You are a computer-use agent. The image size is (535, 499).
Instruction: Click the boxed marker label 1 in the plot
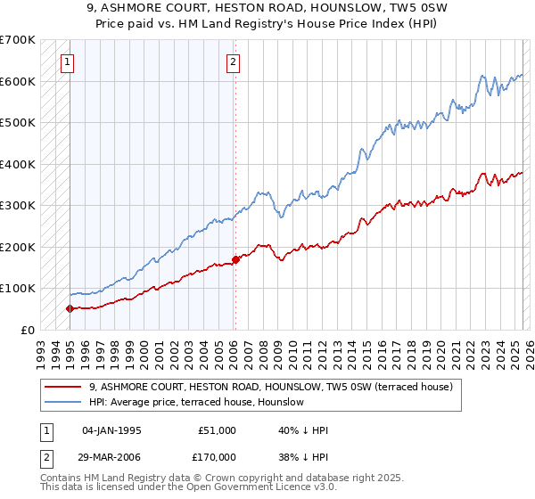69,61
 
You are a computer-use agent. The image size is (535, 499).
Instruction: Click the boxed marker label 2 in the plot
233,61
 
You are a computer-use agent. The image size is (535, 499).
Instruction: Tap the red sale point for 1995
70,308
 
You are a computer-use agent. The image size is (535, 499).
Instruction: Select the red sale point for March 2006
235,259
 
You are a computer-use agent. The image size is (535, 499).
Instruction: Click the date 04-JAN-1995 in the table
111,430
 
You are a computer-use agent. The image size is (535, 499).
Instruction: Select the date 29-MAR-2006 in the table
111,456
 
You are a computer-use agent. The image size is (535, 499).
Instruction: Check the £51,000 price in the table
214,430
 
